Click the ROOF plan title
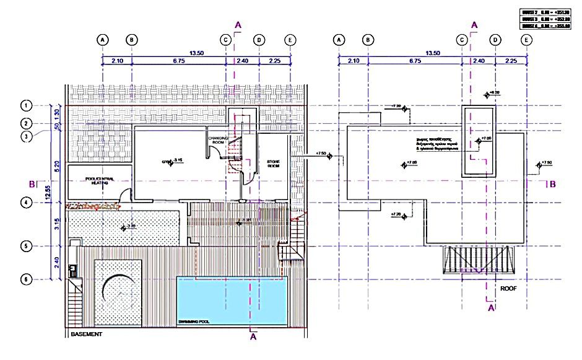509,288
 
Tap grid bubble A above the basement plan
103,39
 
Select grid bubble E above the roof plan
526,39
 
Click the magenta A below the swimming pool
253,338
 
